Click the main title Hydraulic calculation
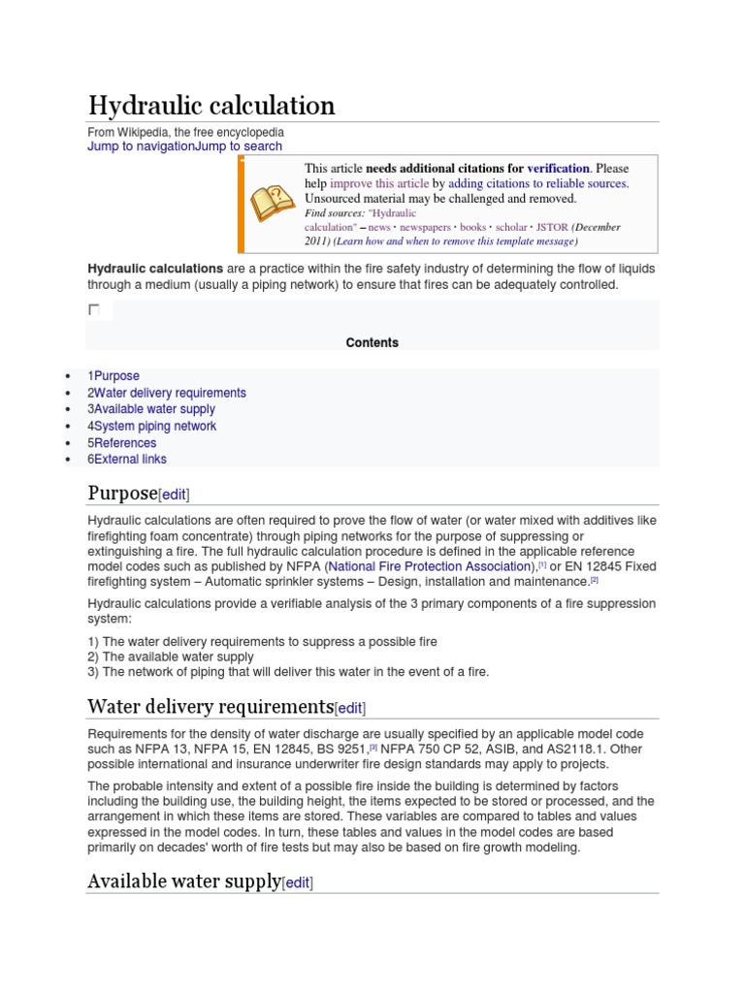click(x=211, y=105)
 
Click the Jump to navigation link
click(x=141, y=146)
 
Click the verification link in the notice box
click(x=558, y=168)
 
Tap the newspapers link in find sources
click(x=425, y=227)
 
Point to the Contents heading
click(x=372, y=342)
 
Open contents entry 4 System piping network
click(x=152, y=426)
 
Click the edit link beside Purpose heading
click(x=174, y=495)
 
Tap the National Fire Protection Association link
click(x=431, y=565)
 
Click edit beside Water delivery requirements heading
click(x=350, y=708)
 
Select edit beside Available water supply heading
click(x=297, y=882)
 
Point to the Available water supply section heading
click(x=183, y=881)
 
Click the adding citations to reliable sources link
click(x=538, y=183)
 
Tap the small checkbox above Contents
click(x=94, y=309)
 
